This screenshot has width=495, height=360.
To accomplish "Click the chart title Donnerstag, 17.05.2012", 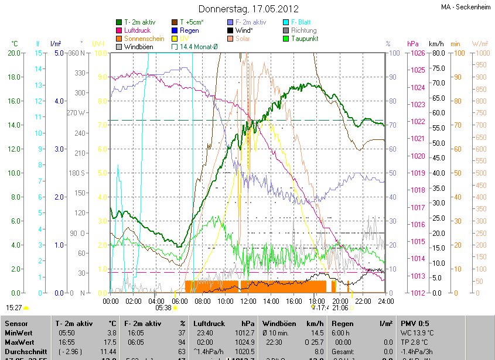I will (x=248, y=9).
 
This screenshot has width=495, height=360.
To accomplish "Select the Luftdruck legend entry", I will (x=139, y=30).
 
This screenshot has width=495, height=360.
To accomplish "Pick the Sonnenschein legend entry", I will (x=144, y=39).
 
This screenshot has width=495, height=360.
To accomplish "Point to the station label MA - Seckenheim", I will (x=466, y=7).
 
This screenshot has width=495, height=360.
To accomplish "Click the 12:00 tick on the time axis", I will (x=249, y=301).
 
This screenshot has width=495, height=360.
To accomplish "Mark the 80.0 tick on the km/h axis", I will (x=436, y=53).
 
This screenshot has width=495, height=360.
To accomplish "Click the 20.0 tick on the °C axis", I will (x=14, y=53).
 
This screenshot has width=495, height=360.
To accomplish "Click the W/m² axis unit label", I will (x=480, y=44).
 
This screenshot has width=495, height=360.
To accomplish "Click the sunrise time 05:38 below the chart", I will (x=163, y=307).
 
